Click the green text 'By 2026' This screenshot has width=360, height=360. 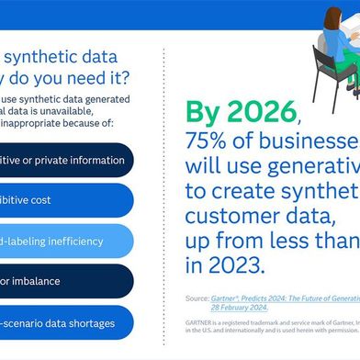(x=242, y=112)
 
